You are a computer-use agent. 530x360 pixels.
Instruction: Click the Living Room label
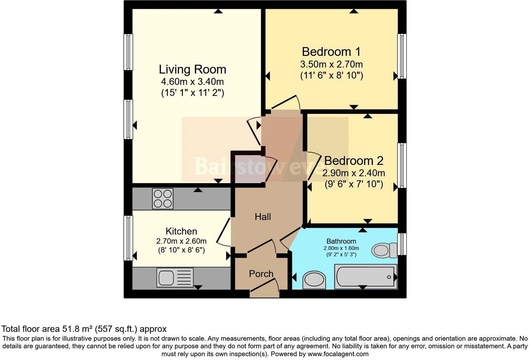(x=192, y=69)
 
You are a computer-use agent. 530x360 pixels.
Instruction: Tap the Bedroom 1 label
(x=331, y=52)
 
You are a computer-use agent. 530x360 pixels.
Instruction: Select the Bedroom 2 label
(x=354, y=161)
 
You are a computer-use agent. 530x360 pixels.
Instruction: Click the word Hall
(x=263, y=217)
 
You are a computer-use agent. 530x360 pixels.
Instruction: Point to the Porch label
(x=261, y=274)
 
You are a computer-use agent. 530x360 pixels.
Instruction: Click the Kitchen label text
(x=181, y=231)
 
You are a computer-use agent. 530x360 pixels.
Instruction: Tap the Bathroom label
(x=341, y=241)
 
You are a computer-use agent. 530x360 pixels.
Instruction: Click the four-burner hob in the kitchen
(x=162, y=198)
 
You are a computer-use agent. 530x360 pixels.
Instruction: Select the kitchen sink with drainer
(x=175, y=278)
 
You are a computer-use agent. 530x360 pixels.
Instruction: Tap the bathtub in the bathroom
(x=365, y=277)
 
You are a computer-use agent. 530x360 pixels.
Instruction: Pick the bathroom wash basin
(x=314, y=280)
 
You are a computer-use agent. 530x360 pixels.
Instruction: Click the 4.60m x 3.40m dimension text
(x=192, y=82)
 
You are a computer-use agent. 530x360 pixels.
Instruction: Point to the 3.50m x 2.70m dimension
(x=331, y=65)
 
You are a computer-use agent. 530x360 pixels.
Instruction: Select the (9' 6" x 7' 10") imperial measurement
(x=354, y=184)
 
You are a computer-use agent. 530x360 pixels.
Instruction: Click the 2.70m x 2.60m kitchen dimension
(x=181, y=241)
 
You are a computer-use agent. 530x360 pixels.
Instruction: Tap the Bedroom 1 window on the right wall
(x=402, y=56)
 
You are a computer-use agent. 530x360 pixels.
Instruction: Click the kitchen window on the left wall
(x=128, y=238)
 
